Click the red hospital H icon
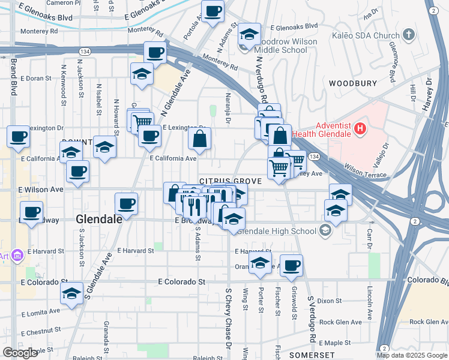(x=360, y=128)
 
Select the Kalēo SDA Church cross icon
(x=409, y=34)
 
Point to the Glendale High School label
(x=277, y=231)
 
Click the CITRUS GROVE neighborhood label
(x=231, y=181)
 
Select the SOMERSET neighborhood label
(x=307, y=355)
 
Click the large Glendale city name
(x=100, y=220)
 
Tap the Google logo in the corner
(x=20, y=353)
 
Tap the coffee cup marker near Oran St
(x=291, y=265)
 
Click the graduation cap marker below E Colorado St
(x=71, y=294)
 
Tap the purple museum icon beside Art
(x=17, y=256)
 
